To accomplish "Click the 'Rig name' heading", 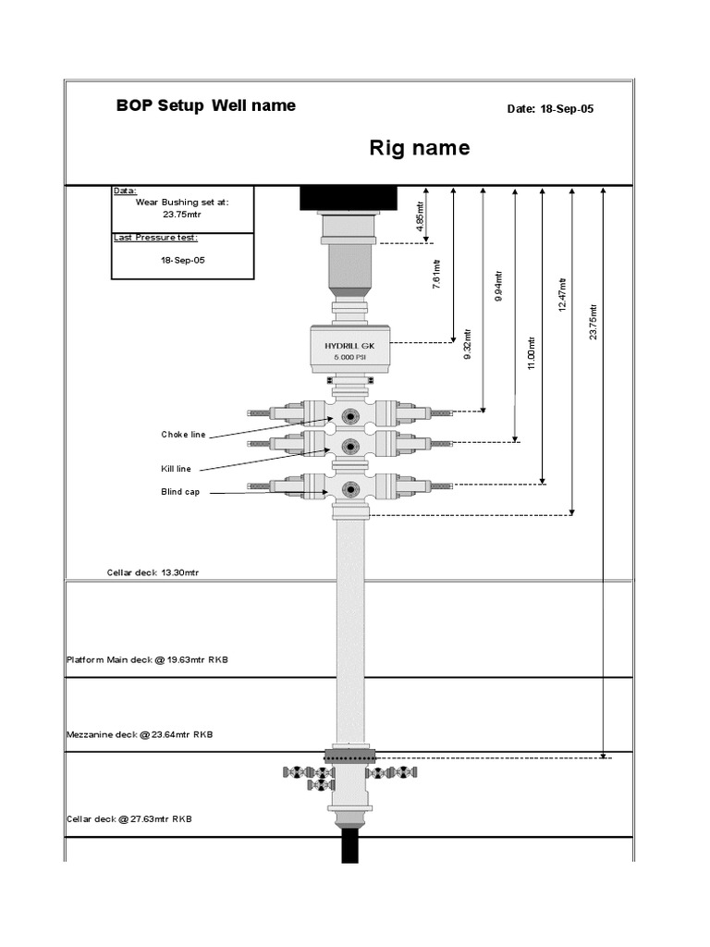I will [420, 148].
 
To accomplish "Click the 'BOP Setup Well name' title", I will [205, 105].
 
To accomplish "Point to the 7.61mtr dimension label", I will [436, 277].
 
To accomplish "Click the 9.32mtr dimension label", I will [468, 343].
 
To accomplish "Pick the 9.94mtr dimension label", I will [499, 287].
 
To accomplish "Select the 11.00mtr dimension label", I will [532, 353].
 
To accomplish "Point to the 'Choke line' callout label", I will [183, 434].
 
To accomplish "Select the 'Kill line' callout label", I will [176, 469].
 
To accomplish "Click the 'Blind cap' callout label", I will [179, 492].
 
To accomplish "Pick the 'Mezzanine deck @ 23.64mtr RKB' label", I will [140, 734].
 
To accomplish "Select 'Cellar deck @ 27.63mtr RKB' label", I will [129, 818].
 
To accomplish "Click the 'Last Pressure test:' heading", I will [155, 238].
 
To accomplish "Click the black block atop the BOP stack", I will [349, 198].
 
